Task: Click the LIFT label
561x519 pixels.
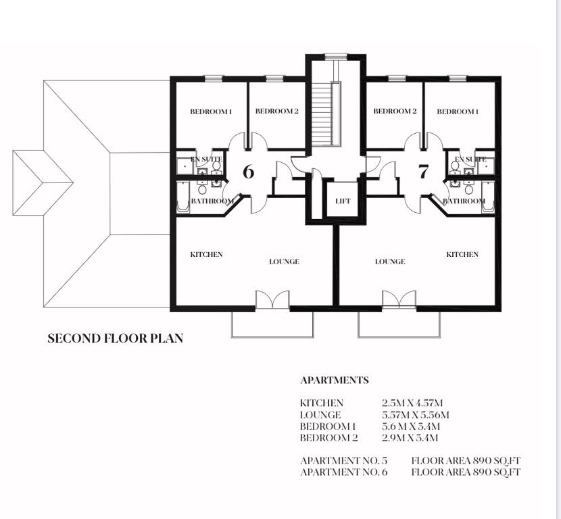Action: (343, 201)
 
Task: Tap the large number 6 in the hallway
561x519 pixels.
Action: (248, 172)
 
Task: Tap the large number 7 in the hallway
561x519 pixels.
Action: (423, 172)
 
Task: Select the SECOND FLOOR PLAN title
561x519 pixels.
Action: (115, 338)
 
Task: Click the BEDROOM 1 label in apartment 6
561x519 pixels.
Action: (211, 112)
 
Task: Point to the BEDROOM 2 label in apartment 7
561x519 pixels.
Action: (395, 112)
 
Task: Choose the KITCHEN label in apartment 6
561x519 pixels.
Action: (206, 254)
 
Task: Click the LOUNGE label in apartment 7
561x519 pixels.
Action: (390, 262)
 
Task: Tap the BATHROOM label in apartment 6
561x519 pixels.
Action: (212, 201)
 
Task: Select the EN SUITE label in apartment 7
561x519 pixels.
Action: (470, 159)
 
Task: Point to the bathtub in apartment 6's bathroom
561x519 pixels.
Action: (182, 197)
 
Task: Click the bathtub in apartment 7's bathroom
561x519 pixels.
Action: (488, 197)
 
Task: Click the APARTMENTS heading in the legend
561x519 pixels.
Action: (334, 380)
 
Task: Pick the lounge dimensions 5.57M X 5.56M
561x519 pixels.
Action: (415, 414)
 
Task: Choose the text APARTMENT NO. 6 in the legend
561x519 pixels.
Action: (343, 472)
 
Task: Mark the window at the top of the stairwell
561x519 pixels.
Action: (337, 56)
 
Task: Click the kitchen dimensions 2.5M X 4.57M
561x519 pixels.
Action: (412, 403)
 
